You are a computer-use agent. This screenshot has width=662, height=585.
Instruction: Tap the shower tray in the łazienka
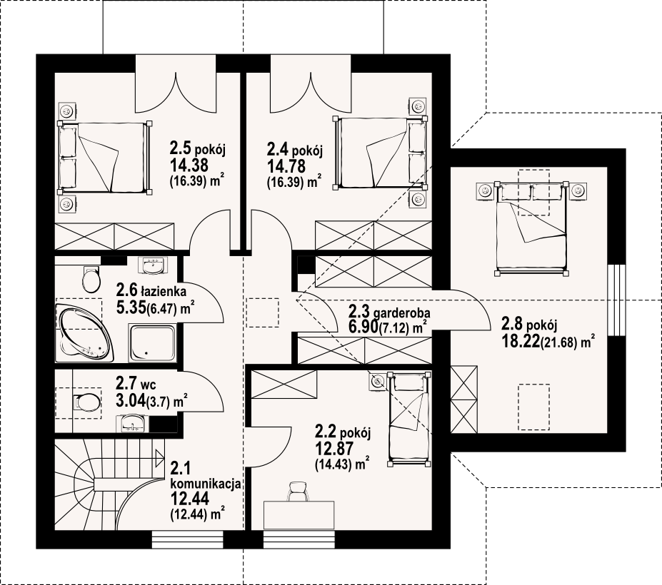152,343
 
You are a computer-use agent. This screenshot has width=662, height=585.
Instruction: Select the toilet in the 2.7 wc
86,402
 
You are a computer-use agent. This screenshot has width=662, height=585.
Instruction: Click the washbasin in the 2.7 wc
134,423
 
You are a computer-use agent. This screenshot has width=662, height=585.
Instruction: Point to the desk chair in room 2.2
299,492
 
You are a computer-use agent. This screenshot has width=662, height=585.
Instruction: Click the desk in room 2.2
299,515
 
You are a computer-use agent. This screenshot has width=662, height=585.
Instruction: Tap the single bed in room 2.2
409,419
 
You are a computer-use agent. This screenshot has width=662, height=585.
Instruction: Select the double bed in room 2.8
531,228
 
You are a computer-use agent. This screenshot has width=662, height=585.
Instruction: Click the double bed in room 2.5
104,158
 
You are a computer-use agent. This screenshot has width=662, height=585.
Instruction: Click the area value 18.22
520,342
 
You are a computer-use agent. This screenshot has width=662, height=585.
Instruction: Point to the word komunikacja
206,484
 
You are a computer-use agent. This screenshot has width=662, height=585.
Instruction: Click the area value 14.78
286,166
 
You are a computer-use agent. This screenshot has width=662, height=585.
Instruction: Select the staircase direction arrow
159,457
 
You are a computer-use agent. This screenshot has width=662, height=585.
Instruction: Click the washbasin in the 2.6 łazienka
153,265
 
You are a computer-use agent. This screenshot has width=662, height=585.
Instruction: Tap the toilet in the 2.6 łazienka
91,279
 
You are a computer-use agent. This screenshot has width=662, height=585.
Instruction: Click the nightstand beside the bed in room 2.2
377,382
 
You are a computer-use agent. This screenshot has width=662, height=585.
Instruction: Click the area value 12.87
334,449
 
